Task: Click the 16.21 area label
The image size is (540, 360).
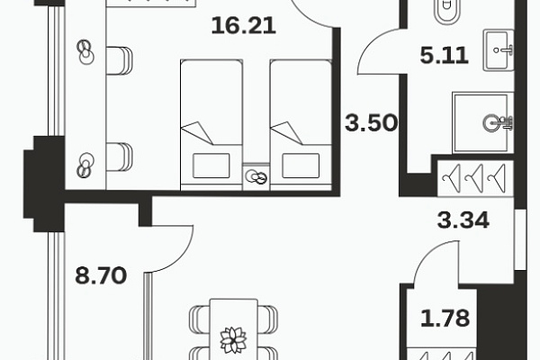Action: tap(244, 26)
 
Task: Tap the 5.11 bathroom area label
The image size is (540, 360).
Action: tap(444, 56)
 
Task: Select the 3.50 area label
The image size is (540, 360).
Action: tap(371, 123)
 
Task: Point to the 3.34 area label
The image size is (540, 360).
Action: tap(463, 220)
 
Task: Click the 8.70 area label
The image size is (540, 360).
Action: tap(101, 275)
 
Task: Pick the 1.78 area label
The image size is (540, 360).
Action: tap(445, 319)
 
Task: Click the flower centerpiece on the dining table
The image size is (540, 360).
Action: tap(233, 340)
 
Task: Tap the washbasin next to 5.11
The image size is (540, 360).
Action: tap(499, 50)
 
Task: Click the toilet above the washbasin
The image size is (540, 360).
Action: tap(447, 13)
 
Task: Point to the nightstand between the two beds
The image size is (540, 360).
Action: tap(256, 176)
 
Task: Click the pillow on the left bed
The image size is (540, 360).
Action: tap(211, 166)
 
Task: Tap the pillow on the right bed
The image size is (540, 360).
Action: tap(301, 166)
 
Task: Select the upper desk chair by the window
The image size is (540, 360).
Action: tap(119, 60)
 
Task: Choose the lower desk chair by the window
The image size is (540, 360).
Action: tap(119, 157)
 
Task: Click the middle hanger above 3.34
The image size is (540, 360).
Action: tap(474, 178)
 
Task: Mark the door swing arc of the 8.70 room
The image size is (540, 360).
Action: tap(183, 255)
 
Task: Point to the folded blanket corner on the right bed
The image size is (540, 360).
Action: tap(288, 132)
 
